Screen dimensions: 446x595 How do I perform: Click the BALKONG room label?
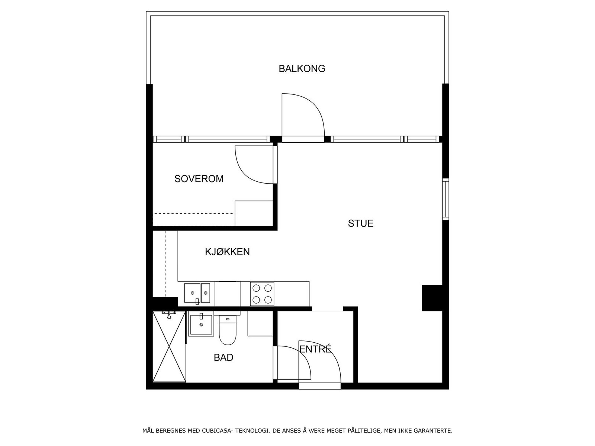302,69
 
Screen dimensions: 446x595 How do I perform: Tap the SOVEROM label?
199,179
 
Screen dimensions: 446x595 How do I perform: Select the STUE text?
360,223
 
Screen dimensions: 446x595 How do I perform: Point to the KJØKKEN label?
227,252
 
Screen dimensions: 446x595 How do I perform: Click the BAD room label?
223,358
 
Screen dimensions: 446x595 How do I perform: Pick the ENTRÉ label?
315,349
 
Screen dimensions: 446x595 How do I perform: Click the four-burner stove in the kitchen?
262,294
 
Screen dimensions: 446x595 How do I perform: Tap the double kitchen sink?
197,293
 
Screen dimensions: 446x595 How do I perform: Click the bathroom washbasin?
201,325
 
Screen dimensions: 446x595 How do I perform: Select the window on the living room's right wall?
445,199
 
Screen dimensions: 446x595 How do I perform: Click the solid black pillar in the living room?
432,298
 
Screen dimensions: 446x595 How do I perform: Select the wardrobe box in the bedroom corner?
254,213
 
